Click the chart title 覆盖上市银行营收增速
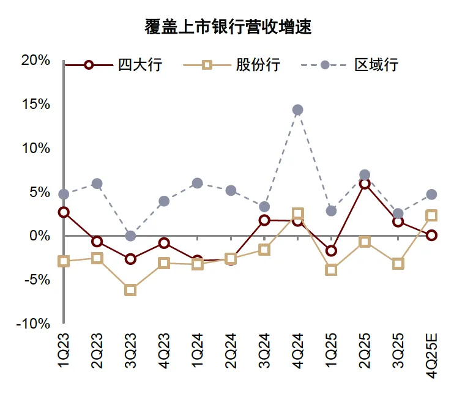pos(228,28)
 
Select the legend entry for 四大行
pos(114,65)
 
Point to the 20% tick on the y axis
pos(35,60)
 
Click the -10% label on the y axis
pos(33,324)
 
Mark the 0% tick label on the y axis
pos(39,236)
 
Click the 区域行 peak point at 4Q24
pos(297,110)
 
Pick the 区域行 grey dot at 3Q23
pos(130,236)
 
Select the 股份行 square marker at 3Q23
pos(130,290)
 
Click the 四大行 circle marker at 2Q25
pos(364,184)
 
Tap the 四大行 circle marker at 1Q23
pos(64,212)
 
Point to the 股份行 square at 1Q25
pos(331,270)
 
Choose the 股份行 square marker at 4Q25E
pos(431,215)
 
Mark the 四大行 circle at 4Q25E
pos(431,235)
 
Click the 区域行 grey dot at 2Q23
pos(97,184)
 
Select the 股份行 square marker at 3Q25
pos(398,264)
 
